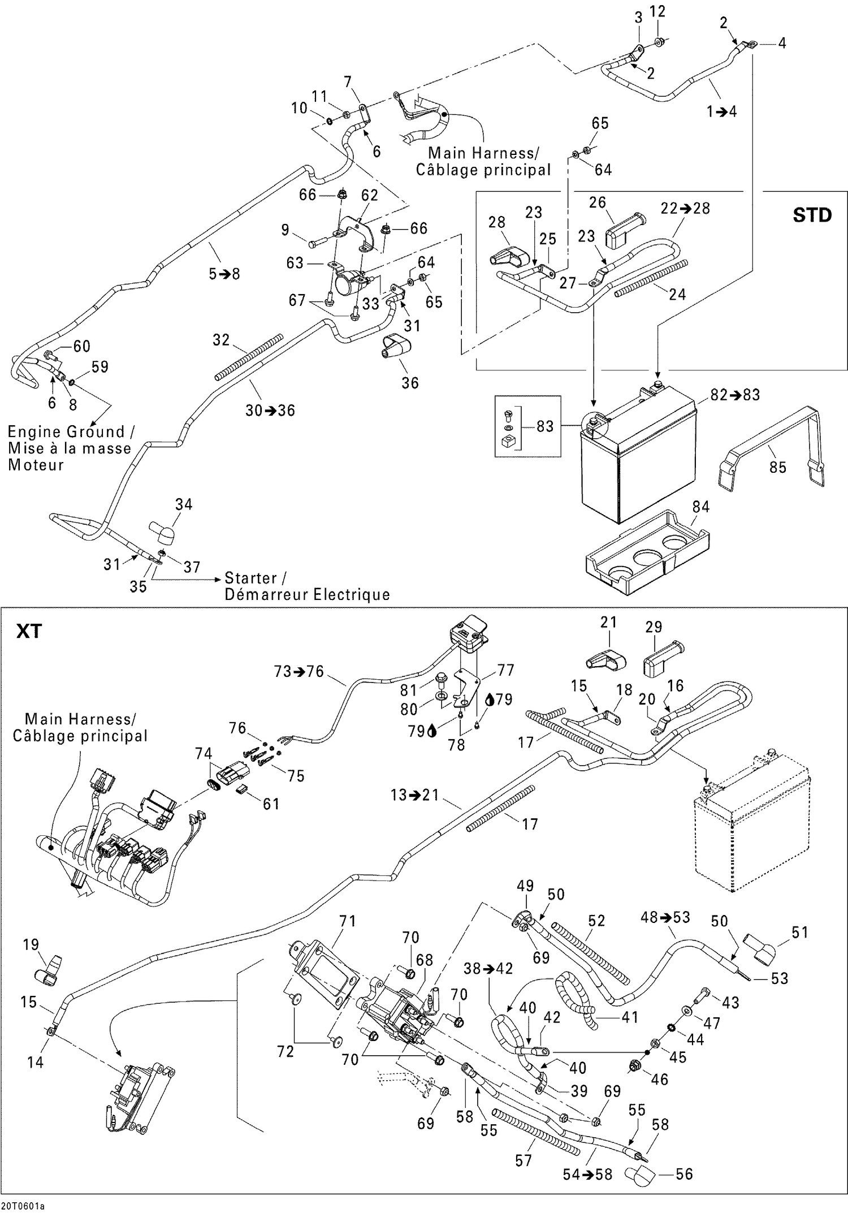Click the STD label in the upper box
click(812, 215)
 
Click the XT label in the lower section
click(28, 631)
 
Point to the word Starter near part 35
click(250, 578)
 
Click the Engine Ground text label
click(66, 432)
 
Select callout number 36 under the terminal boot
click(410, 383)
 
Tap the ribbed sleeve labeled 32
click(249, 357)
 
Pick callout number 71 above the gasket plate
click(347, 921)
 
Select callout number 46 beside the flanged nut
click(659, 1079)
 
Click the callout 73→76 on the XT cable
click(298, 671)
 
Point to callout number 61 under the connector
click(271, 804)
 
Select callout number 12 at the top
click(657, 11)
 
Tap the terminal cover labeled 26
click(621, 231)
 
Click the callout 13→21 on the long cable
click(414, 795)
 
